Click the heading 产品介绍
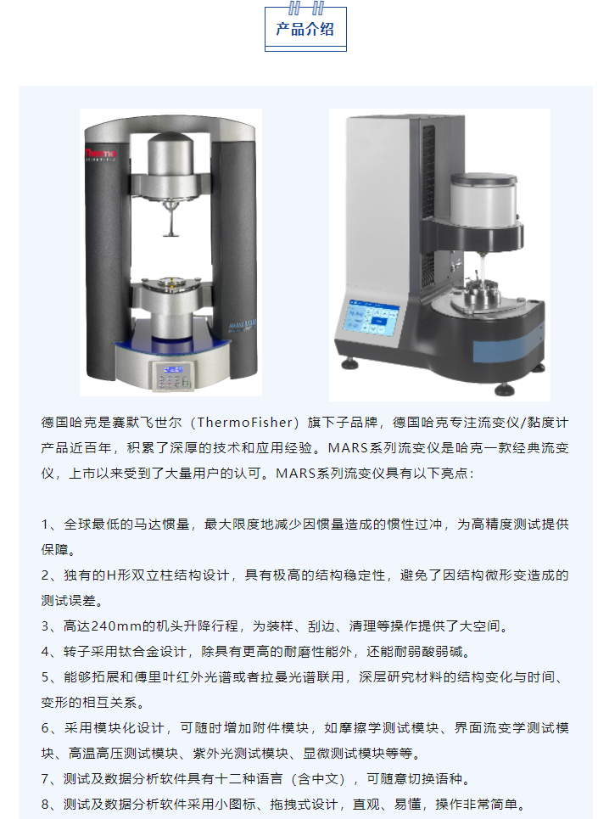[305, 29]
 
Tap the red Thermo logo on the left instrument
[100, 154]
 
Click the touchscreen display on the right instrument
[372, 317]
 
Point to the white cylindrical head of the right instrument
[483, 199]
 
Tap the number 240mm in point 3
[116, 625]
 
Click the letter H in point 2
[111, 575]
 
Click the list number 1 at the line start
[46, 524]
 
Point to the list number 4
[46, 651]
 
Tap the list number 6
[46, 727]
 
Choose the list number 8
[46, 805]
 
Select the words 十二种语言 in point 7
[249, 779]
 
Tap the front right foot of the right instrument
[504, 388]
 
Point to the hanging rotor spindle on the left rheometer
[170, 218]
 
